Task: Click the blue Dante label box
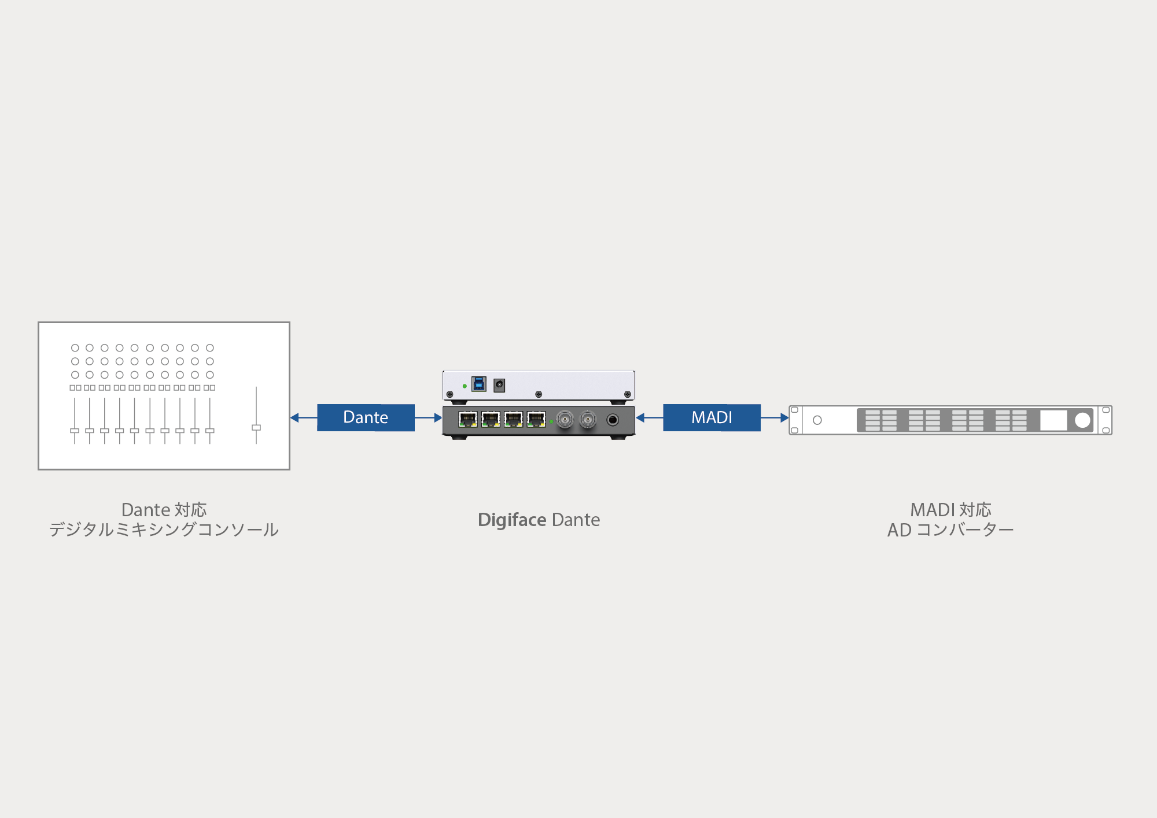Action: tap(366, 417)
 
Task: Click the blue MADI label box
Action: tap(712, 417)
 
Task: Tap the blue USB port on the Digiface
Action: tap(479, 384)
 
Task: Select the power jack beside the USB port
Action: tap(499, 385)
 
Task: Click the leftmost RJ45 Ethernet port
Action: tap(467, 419)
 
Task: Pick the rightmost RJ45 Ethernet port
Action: tap(536, 419)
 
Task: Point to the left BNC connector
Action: tap(565, 419)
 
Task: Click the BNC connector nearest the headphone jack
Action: tap(588, 419)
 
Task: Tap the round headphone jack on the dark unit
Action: tap(613, 420)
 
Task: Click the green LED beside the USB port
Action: tap(465, 386)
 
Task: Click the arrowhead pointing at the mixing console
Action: tap(294, 417)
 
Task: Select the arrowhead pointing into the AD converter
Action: tap(784, 417)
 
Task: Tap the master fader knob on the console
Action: tap(256, 428)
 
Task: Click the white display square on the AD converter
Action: tap(1053, 420)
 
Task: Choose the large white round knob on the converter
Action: tap(1082, 420)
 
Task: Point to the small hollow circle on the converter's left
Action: tap(817, 420)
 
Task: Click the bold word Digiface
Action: tap(512, 520)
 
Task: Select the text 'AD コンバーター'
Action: tap(950, 530)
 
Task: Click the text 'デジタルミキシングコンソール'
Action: tap(164, 530)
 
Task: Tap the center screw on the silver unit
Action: tap(539, 394)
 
